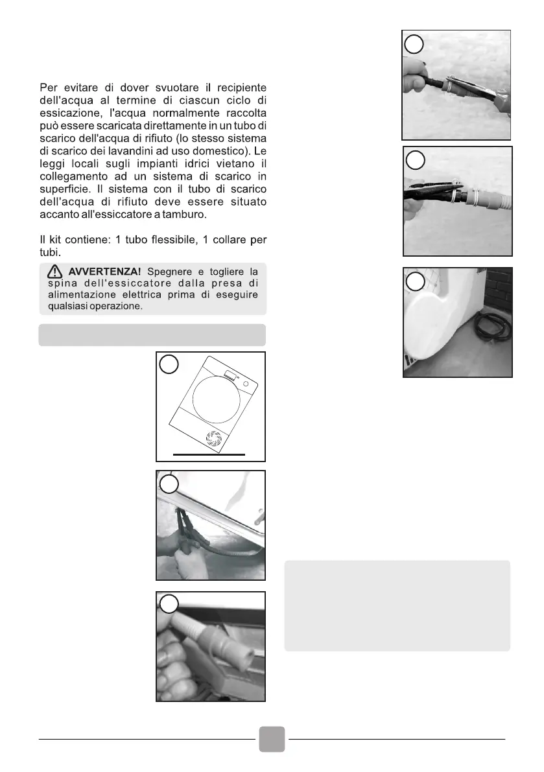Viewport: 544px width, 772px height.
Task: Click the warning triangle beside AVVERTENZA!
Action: click(55, 271)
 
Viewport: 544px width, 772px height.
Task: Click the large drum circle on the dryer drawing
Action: click(211, 400)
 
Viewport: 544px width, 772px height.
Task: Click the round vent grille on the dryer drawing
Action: click(213, 438)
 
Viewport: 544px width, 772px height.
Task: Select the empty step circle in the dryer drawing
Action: click(169, 366)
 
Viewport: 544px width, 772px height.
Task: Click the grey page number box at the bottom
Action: click(272, 739)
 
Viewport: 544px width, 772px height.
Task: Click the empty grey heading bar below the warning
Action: click(152, 335)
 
